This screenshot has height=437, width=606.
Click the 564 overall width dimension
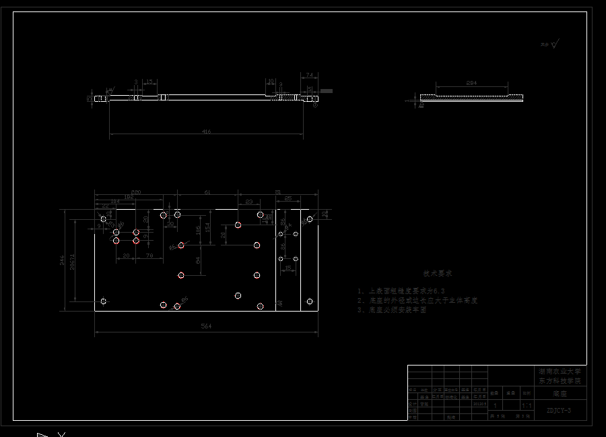coord(206,326)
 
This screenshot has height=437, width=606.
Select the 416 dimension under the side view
coord(206,132)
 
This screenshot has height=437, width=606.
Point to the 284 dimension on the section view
coord(471,83)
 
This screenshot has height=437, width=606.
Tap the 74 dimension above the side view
coord(309,74)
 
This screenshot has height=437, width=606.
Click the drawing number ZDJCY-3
coord(558,410)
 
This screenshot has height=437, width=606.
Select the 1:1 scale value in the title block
coord(527,406)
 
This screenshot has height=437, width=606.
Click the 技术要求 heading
coord(438,274)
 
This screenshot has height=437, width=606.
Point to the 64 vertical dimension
coord(198,259)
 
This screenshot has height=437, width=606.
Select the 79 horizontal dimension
coord(149,256)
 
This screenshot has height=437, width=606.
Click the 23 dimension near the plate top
coord(249,202)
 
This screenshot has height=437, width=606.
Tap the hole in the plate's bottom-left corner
coord(103,301)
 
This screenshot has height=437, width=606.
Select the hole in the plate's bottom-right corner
coord(310,301)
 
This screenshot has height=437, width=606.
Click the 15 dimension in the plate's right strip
coord(288,268)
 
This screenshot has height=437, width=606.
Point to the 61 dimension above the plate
coord(207,193)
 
